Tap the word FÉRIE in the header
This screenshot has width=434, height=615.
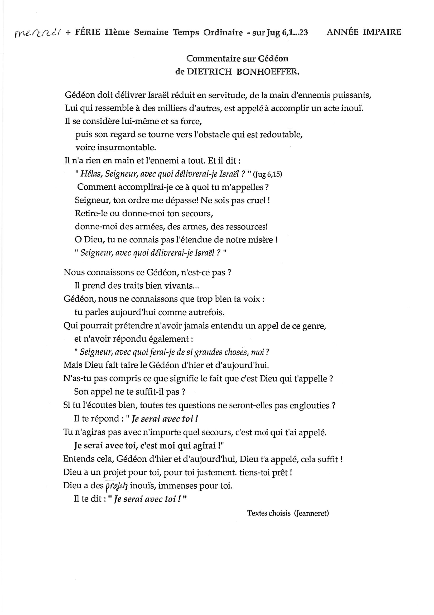point(88,32)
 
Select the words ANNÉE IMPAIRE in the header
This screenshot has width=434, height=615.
point(364,32)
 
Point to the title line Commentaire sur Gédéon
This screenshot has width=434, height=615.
point(237,58)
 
